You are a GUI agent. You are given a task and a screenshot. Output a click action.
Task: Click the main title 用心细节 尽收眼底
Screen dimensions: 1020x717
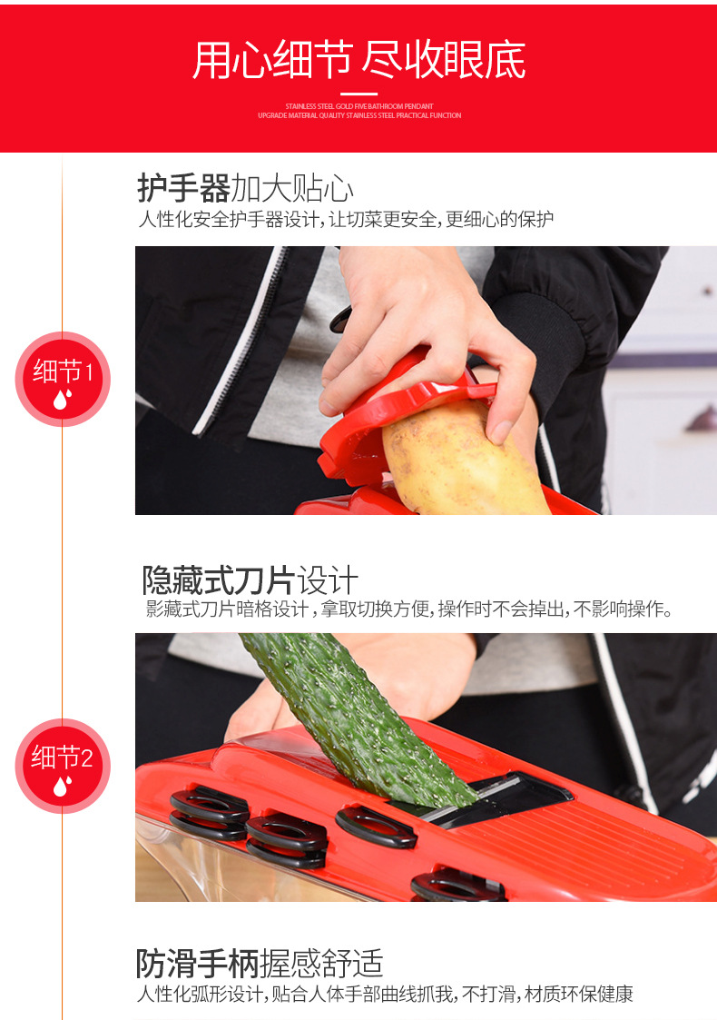coord(358,60)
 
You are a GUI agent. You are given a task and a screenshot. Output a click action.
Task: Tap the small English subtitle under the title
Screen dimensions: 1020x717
coord(358,111)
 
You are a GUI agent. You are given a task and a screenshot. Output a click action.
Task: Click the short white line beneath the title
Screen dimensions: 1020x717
coord(358,93)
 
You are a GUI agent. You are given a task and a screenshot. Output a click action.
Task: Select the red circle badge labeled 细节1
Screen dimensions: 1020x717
coord(62,379)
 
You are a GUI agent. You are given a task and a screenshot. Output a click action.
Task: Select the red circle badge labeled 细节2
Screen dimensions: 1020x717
coord(62,765)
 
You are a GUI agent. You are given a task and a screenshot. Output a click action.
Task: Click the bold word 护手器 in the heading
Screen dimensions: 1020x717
coord(183,189)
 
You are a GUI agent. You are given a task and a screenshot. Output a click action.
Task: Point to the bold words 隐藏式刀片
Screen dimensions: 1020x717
coord(218,580)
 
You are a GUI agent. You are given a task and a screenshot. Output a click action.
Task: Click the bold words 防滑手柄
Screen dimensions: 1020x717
coord(197,963)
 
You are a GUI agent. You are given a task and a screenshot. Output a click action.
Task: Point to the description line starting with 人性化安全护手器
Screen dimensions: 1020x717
coord(345,220)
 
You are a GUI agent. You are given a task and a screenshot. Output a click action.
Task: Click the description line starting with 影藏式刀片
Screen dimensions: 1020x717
coord(408,609)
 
